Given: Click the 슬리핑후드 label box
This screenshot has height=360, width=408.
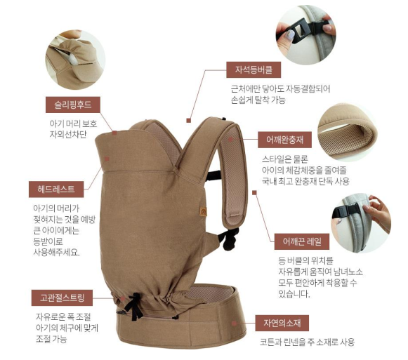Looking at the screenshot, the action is tap(73, 105).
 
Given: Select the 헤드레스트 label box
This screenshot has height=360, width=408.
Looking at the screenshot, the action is tap(56, 189).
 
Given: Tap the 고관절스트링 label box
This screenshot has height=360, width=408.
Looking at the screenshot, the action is tap(62, 298).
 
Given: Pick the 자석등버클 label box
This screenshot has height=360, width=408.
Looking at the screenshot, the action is tap(254, 69).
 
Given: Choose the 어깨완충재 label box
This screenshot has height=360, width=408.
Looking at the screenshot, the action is tap(284, 140).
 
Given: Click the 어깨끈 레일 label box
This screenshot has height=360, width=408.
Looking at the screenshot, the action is tap(302, 241).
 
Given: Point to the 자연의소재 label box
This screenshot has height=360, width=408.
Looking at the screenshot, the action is tap(282, 323).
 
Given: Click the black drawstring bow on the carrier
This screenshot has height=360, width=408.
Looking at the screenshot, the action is tap(134, 307).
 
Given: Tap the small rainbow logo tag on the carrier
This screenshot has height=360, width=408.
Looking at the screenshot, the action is tap(203, 211).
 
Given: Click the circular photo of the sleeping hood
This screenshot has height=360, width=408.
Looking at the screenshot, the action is tap(75, 60).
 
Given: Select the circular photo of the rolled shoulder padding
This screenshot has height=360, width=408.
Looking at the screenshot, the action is tap(348, 132).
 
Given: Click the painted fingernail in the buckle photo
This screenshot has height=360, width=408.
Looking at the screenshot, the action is tap(291, 34).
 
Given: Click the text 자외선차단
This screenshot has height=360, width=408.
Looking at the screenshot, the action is tap(68, 135).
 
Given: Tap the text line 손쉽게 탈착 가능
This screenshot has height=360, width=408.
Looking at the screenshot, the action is tap(258, 100).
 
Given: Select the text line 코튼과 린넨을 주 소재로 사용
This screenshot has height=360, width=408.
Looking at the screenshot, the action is tap(308, 342).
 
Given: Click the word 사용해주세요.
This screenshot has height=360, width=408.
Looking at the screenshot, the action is tap(56, 252).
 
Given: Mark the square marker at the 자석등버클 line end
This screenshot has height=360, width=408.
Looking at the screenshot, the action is tap(189, 121).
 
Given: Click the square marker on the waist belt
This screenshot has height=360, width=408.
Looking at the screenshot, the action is tap(234, 324).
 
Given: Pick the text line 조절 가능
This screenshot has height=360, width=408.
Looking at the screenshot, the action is tap(51, 339).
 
